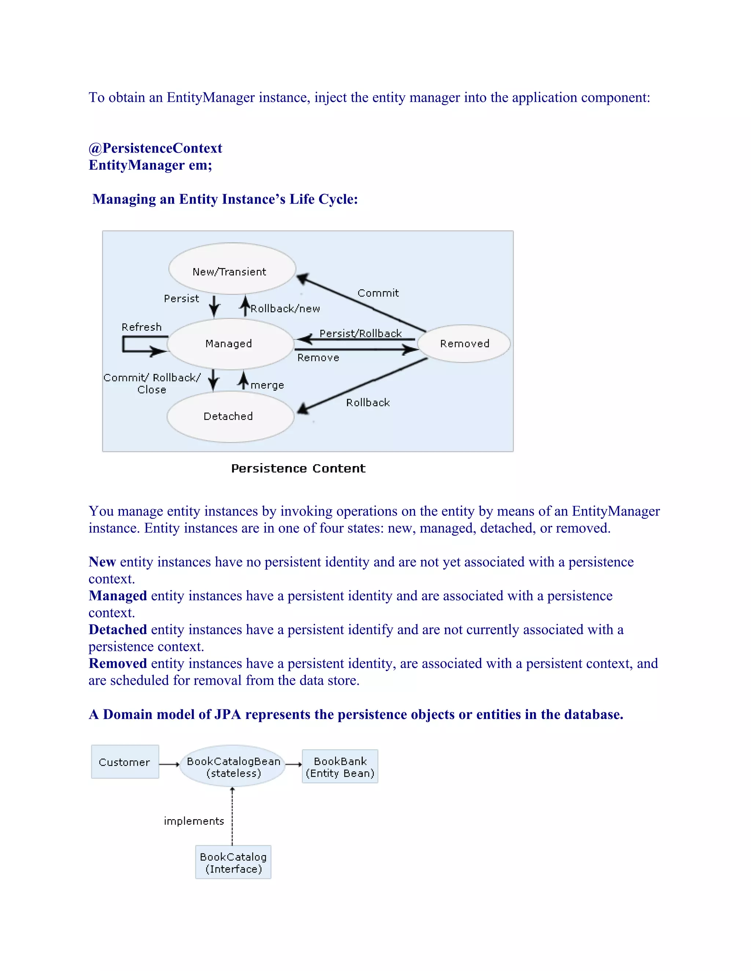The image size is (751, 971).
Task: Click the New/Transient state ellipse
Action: [x=232, y=269]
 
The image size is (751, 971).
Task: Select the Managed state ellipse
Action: [x=230, y=344]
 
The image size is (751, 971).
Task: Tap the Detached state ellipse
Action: [x=230, y=417]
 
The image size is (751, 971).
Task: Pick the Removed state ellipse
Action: [x=464, y=344]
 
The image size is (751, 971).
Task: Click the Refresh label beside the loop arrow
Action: [x=142, y=327]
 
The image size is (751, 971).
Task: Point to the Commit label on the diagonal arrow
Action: [x=378, y=293]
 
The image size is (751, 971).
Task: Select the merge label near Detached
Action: [x=267, y=385]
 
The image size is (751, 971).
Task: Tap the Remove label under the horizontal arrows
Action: [x=318, y=358]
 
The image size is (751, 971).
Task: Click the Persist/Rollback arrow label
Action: [x=360, y=333]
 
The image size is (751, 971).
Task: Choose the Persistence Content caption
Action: [x=298, y=469]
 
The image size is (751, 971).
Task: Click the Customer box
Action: [x=125, y=762]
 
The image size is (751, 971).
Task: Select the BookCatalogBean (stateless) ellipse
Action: [x=233, y=767]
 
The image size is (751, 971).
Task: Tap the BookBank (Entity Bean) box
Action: [x=340, y=767]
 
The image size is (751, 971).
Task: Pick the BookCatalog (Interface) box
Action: [x=233, y=863]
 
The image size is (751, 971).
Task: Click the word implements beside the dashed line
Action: [x=194, y=821]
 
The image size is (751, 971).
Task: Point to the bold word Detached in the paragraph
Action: [x=117, y=630]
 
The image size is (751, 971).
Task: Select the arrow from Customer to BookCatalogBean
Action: [x=169, y=764]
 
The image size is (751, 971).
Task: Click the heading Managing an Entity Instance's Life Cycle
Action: [x=225, y=199]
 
